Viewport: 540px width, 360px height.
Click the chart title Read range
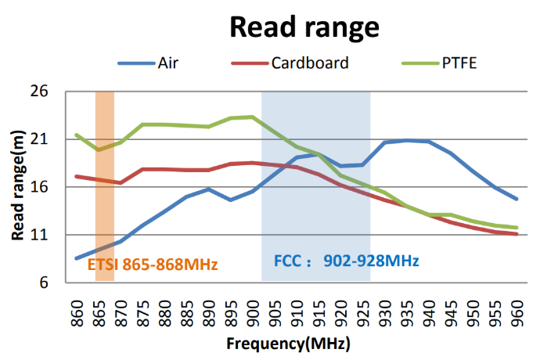(x=304, y=27)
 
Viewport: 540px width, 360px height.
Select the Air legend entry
(x=167, y=63)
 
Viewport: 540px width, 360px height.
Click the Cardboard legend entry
(x=309, y=63)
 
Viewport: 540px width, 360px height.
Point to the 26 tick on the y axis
(x=39, y=92)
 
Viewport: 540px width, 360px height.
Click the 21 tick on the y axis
(x=39, y=140)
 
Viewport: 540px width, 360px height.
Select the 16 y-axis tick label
(x=39, y=188)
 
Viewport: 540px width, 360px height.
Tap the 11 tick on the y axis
(x=39, y=235)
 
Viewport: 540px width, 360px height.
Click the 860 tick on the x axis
(x=77, y=308)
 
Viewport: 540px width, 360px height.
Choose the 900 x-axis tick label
(x=253, y=308)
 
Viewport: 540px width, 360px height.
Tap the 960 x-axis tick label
(x=517, y=308)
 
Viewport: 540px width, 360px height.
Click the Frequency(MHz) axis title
(x=288, y=344)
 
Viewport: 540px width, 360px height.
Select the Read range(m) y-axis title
(x=16, y=187)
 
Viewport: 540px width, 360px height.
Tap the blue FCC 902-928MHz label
(x=347, y=260)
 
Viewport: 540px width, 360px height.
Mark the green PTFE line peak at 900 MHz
(x=253, y=117)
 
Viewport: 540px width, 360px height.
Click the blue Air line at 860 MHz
(x=77, y=258)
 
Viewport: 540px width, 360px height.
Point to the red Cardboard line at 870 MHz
(x=121, y=182)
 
